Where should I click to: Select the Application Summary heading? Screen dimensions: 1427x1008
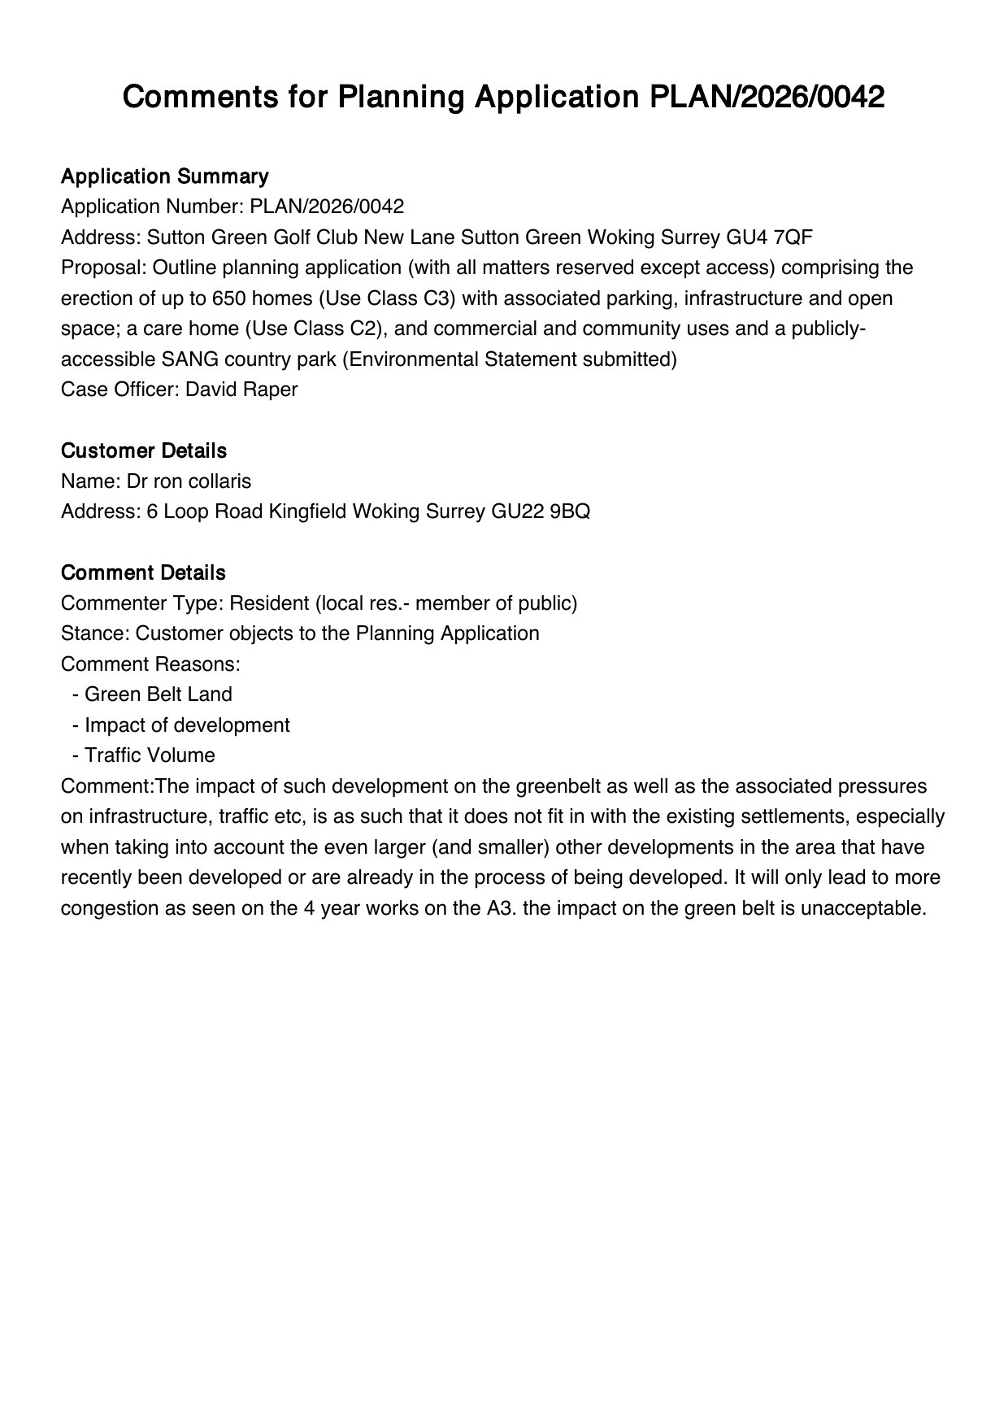(164, 176)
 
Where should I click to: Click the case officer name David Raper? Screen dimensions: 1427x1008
(241, 389)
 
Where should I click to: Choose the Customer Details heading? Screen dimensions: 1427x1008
(144, 450)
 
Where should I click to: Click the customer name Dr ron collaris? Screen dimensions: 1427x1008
(189, 481)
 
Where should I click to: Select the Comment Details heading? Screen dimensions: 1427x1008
(143, 572)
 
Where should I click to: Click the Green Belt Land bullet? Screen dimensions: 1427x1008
(158, 694)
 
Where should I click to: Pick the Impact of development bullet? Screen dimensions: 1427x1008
(187, 725)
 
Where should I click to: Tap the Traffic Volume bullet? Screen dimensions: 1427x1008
(150, 755)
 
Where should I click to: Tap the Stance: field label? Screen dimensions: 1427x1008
(95, 633)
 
